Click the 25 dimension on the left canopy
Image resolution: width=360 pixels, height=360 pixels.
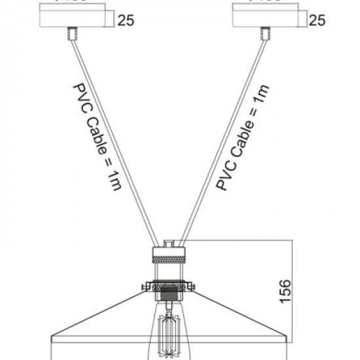(x=126, y=20)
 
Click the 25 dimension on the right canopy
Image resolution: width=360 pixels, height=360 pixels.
(x=317, y=20)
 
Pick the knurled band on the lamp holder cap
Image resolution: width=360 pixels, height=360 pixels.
(x=169, y=260)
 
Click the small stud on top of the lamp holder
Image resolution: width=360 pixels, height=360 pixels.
(x=170, y=242)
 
